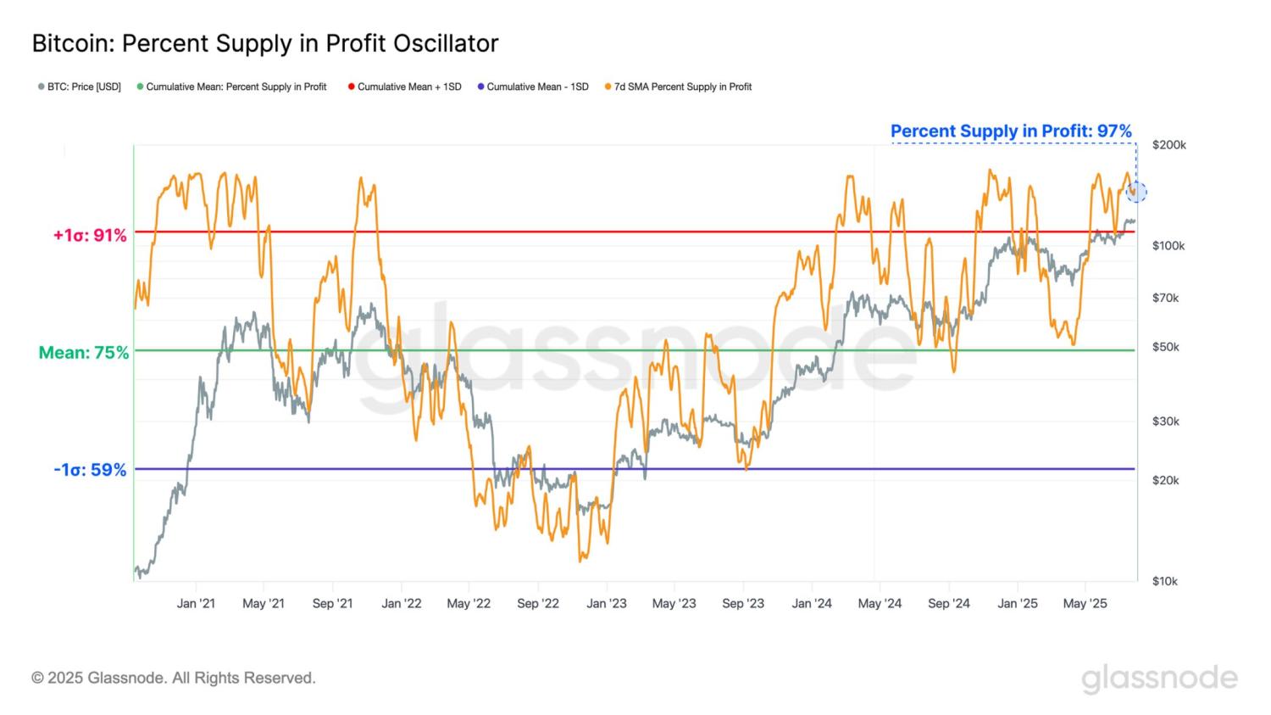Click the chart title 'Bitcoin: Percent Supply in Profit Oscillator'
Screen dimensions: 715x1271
(264, 43)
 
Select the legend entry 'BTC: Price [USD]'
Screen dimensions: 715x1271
(80, 87)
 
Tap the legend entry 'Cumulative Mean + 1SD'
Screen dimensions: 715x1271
(405, 87)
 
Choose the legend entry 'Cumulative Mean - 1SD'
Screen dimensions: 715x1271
(533, 87)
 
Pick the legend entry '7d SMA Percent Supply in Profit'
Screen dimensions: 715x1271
(678, 87)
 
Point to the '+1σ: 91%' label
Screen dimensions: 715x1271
(90, 235)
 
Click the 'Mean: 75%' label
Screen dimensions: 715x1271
(84, 352)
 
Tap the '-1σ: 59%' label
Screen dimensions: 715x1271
(90, 470)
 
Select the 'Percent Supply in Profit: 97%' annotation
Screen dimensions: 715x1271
(1011, 131)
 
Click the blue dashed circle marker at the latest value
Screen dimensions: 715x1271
(1136, 192)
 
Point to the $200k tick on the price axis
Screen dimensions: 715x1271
(1169, 145)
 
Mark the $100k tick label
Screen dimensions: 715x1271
(1168, 246)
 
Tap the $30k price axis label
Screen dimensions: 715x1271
(1166, 422)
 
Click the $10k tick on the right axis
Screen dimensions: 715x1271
(1165, 581)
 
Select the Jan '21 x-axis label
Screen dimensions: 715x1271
(196, 604)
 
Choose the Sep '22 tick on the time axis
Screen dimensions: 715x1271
(538, 604)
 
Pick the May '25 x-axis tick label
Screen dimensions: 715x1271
(1085, 604)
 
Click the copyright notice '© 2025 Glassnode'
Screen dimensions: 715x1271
(174, 678)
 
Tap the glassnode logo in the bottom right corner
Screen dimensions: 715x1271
(1159, 679)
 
